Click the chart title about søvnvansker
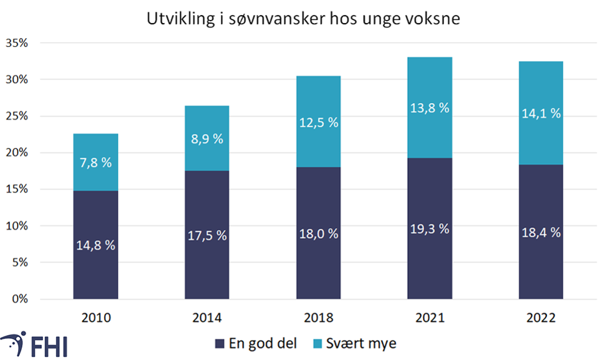[303, 19]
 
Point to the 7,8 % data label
[95, 163]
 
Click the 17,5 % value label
[206, 236]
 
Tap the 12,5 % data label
[318, 123]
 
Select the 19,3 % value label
[430, 229]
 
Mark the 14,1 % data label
[541, 114]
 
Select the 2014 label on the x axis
[206, 318]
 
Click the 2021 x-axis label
[430, 318]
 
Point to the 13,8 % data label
[430, 108]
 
